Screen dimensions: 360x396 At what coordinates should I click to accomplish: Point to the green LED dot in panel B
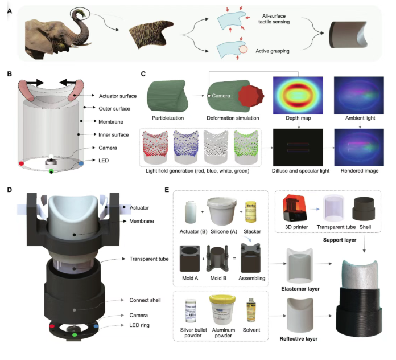(x=51, y=170)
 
